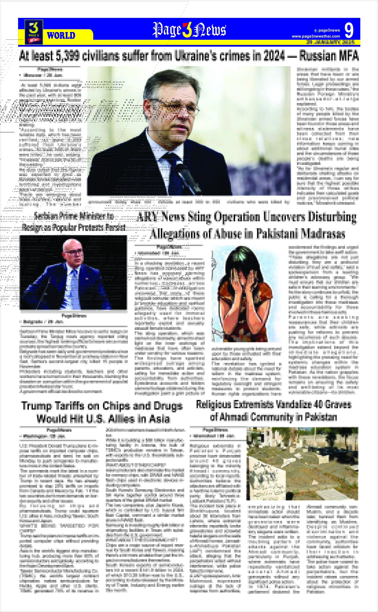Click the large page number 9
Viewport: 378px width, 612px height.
click(349, 31)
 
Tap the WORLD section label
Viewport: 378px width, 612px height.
click(61, 36)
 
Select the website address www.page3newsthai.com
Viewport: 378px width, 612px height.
click(316, 36)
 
